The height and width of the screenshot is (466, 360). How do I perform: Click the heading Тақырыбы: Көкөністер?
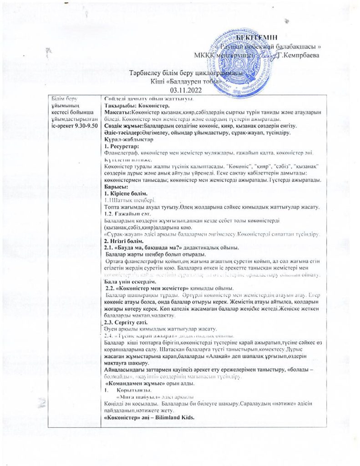point(132,106)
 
